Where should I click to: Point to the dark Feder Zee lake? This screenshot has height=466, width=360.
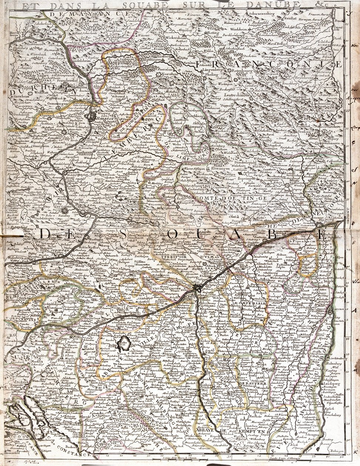[124, 345]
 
